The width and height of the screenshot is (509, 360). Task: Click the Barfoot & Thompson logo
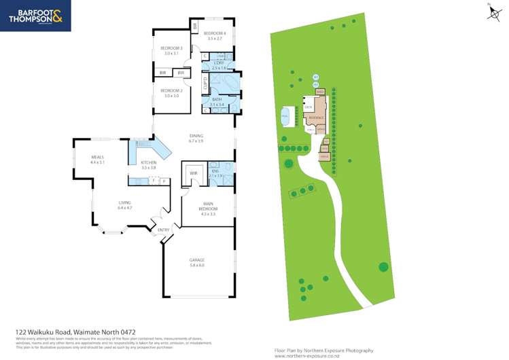(35, 17)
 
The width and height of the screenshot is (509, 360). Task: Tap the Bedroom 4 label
(214, 33)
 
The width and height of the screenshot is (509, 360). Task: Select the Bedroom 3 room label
(171, 48)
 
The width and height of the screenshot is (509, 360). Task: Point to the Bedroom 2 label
(171, 90)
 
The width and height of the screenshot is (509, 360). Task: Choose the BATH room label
(217, 100)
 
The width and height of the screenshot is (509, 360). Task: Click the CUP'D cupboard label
(205, 84)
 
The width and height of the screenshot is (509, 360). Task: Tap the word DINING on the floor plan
(196, 136)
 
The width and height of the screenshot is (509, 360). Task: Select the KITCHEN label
(149, 163)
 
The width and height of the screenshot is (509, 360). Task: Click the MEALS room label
(97, 158)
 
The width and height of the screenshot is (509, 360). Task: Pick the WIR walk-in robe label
(193, 173)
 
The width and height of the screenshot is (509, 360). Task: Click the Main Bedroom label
(207, 209)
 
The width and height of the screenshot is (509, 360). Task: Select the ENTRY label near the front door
(163, 230)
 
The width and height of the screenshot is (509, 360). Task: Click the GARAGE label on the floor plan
(197, 260)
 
